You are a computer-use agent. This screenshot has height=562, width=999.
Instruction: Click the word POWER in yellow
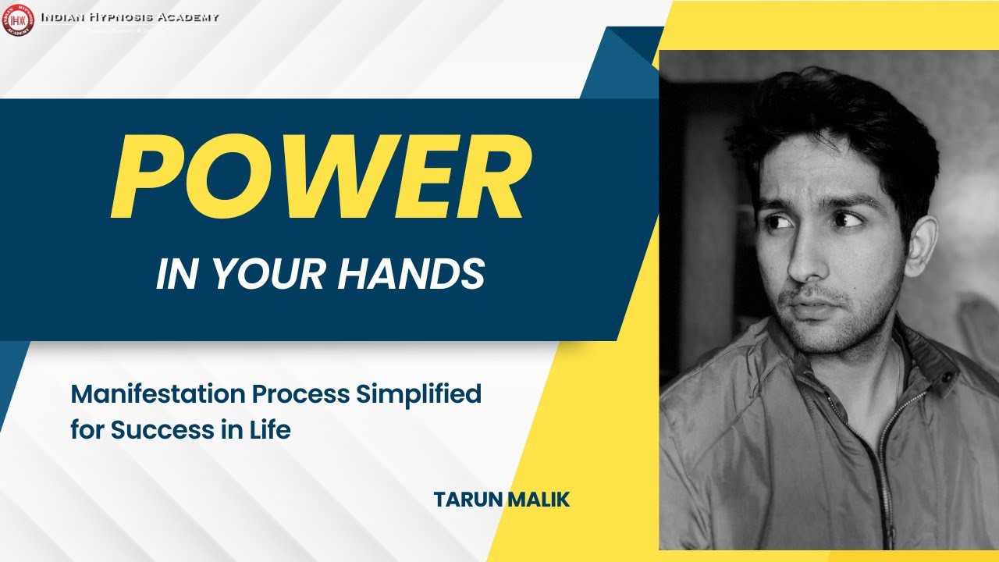pos(321,178)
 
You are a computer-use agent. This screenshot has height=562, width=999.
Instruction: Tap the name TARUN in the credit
pos(467,500)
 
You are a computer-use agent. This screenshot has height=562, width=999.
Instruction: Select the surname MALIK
pos(538,500)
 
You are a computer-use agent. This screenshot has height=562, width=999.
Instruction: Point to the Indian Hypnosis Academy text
pos(129,17)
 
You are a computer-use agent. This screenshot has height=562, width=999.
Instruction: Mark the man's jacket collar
pos(921,351)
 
